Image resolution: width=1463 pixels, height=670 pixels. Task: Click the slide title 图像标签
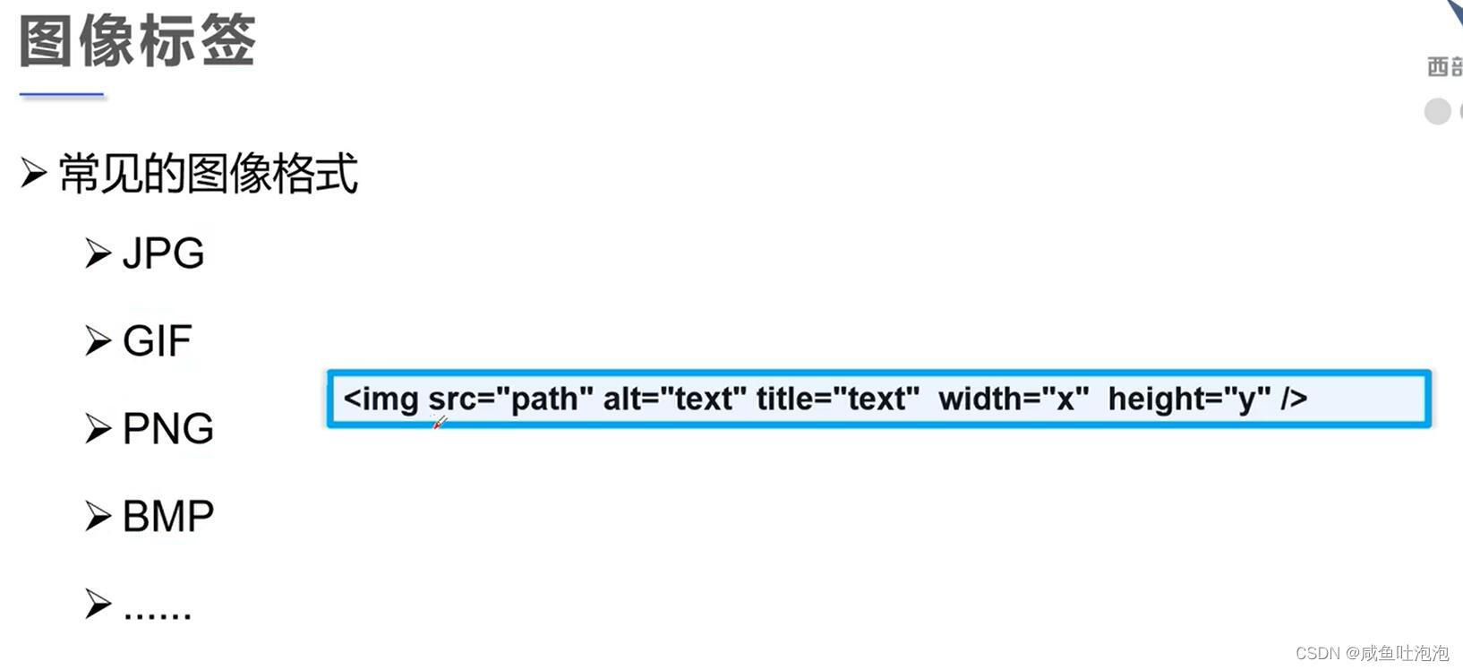point(137,41)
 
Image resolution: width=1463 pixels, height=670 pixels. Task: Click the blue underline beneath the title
point(62,94)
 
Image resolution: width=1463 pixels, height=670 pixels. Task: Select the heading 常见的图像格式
point(208,173)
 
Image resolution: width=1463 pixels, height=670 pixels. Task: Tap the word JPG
point(163,253)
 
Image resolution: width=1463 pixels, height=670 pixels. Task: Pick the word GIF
point(157,341)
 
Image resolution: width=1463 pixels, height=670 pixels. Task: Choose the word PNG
point(167,429)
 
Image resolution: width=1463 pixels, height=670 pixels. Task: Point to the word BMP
point(167,517)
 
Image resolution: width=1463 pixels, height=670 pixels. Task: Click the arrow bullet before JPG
point(98,253)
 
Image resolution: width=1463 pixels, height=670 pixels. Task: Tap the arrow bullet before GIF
point(98,341)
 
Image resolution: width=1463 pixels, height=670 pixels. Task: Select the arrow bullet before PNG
point(98,429)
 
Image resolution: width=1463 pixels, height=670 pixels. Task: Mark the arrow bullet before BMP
point(98,517)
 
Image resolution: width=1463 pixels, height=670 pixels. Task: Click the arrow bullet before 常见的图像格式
point(33,173)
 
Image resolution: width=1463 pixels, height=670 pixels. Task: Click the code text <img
point(381,399)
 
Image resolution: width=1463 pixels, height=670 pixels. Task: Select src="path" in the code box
point(510,399)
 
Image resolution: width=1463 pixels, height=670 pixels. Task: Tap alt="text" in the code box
point(674,399)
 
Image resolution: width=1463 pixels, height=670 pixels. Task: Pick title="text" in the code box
point(838,399)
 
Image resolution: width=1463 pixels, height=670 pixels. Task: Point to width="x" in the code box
point(1014,399)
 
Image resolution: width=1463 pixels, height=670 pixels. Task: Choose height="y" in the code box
point(1189,399)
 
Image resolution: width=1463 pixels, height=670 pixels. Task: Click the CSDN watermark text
point(1372,653)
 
